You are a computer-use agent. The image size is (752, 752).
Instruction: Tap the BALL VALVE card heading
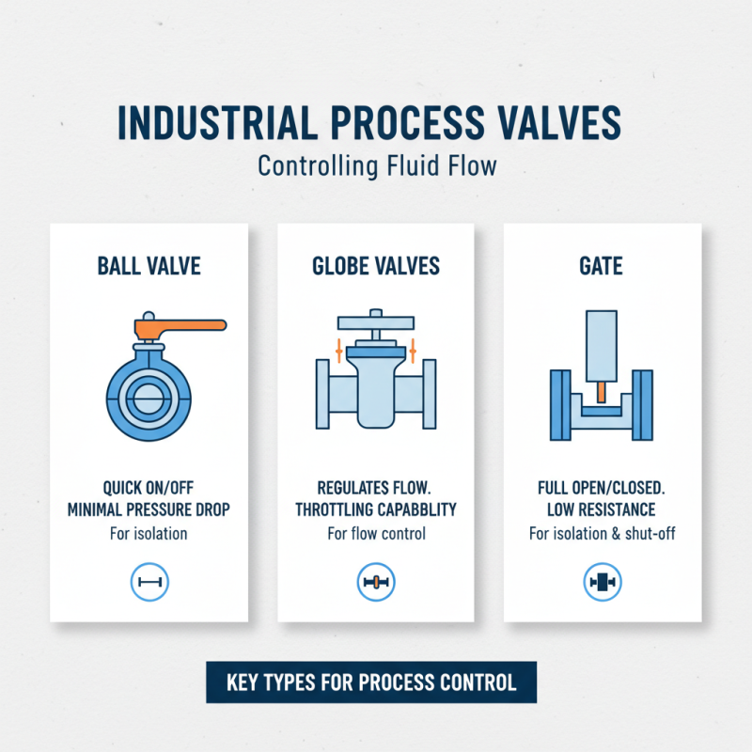149,266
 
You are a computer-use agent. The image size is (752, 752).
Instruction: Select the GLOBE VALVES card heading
375,266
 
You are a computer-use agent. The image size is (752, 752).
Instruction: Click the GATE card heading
602,266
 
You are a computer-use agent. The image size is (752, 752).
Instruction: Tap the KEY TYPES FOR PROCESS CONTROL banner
371,682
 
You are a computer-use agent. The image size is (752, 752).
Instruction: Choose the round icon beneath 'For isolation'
149,583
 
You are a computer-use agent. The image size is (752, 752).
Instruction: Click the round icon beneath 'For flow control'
376,583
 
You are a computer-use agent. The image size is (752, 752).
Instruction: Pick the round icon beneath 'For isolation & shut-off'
602,583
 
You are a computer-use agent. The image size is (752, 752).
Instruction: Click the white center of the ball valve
149,394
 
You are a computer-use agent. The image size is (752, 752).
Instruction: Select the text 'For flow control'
376,534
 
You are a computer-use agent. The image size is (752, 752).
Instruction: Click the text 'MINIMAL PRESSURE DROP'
149,510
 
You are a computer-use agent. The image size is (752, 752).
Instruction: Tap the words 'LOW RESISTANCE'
602,510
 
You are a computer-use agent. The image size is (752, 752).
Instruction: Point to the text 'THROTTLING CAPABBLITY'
376,510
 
